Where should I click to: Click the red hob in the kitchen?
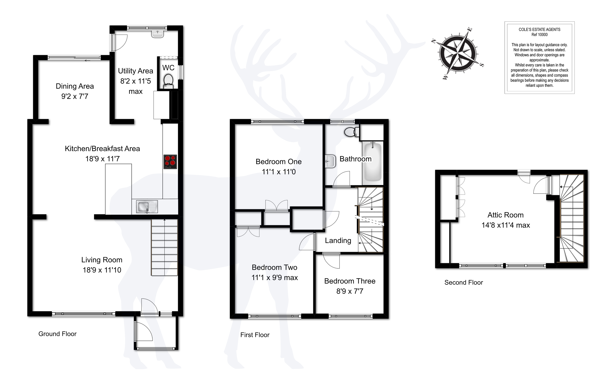170,162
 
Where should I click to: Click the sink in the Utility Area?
158,34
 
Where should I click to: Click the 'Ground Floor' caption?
57,334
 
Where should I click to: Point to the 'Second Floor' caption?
464,282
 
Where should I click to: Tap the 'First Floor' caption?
255,335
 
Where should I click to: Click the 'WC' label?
168,68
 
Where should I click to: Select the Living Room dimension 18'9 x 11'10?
102,270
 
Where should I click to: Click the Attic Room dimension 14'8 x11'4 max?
506,225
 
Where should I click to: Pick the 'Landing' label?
338,241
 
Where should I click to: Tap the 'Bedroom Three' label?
350,281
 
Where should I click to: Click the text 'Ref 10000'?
539,35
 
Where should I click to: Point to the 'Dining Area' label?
75,86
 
